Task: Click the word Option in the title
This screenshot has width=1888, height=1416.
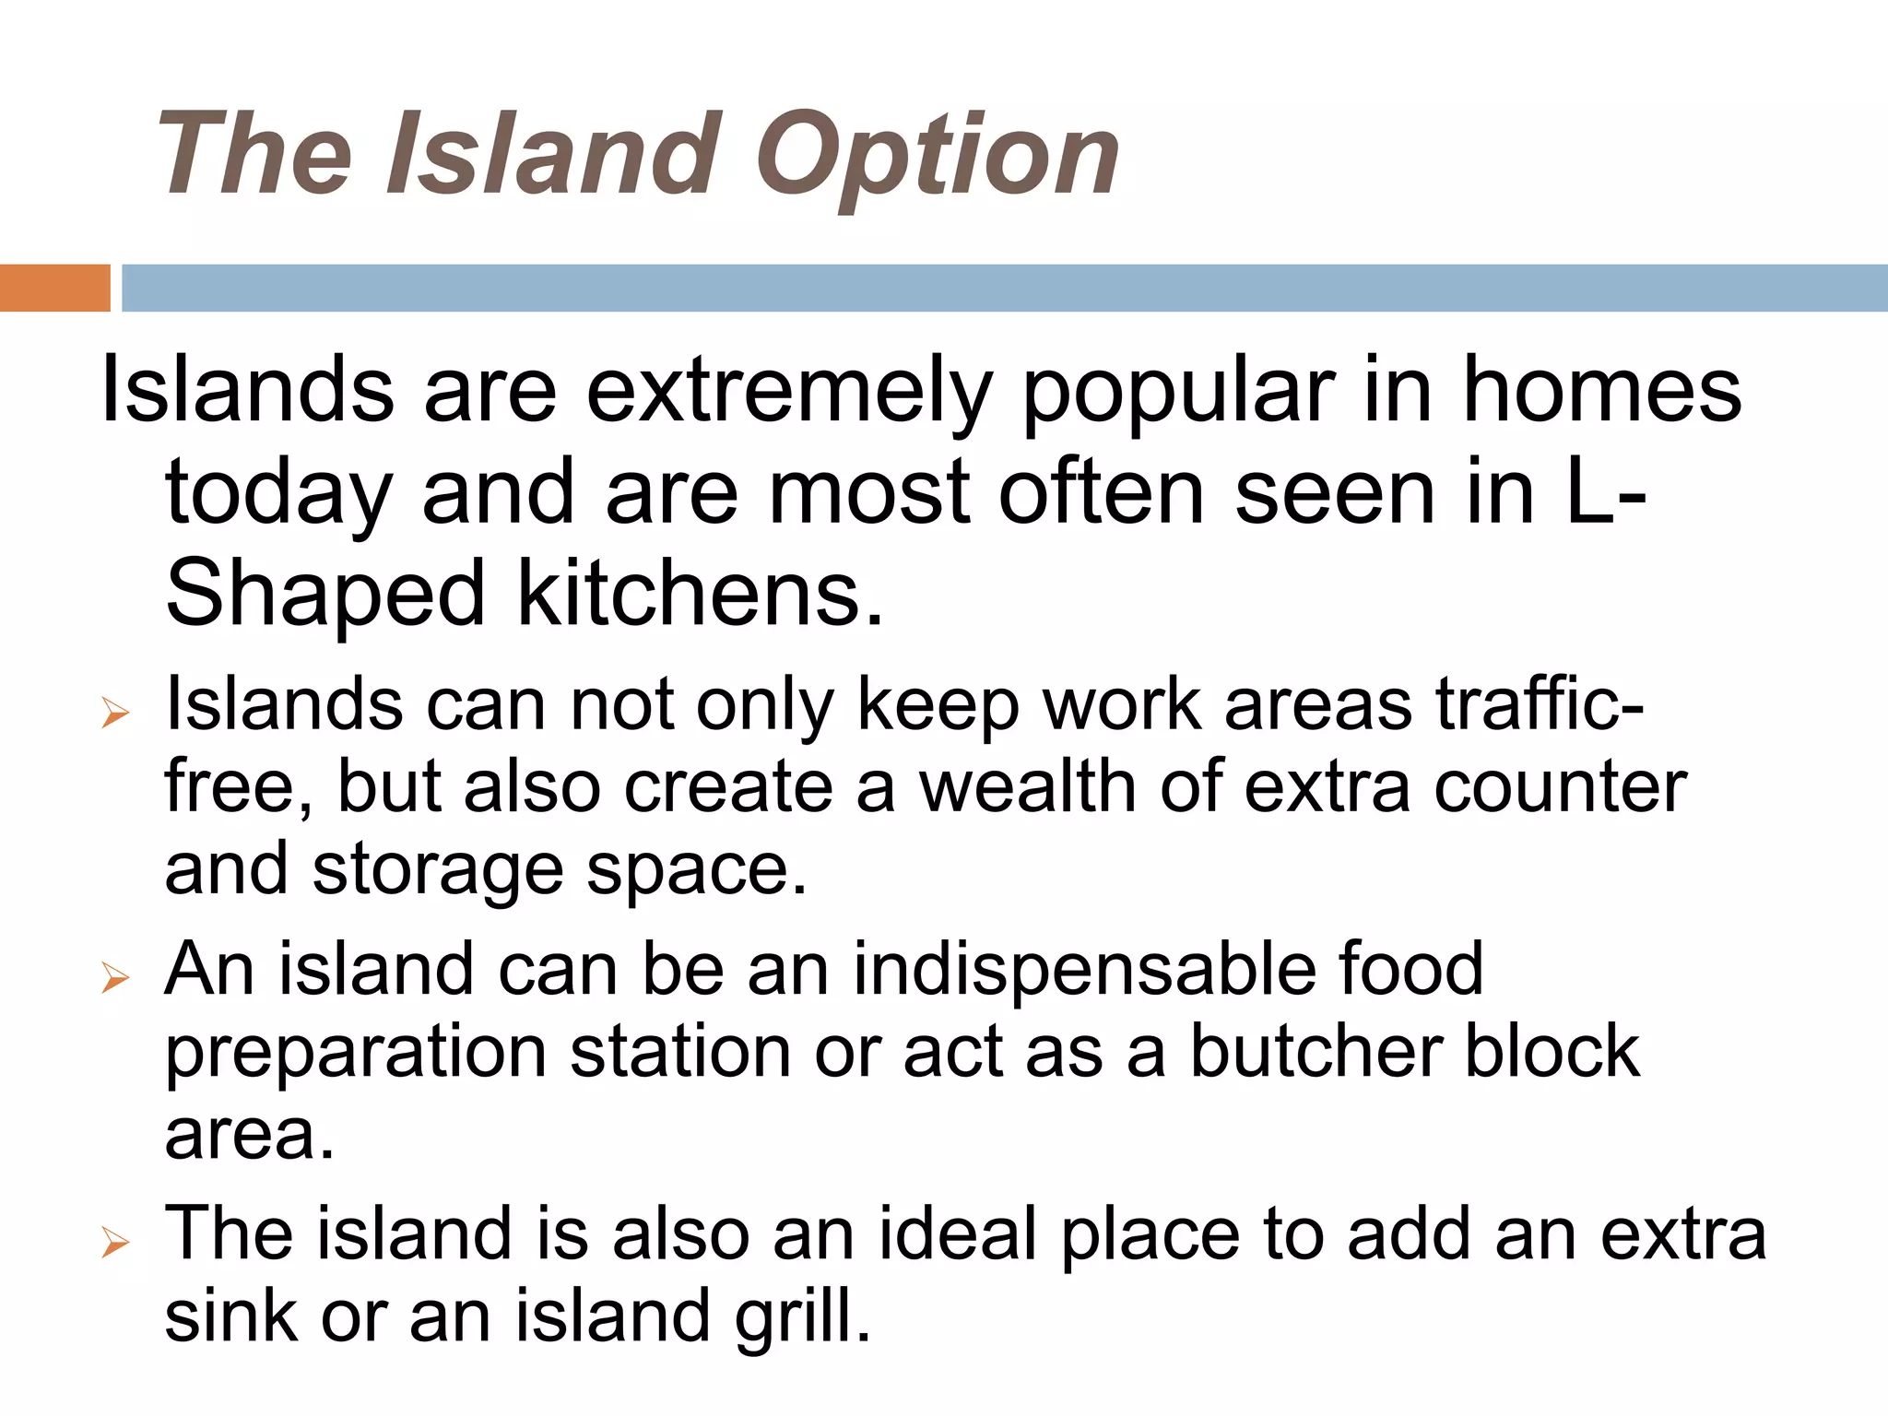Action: point(938,155)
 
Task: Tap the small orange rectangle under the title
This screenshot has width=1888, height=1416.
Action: point(54,288)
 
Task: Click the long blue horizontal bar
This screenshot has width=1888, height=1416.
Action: point(1004,288)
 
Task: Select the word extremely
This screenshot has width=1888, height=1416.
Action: point(788,391)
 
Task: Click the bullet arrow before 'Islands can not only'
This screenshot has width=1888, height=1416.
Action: point(115,712)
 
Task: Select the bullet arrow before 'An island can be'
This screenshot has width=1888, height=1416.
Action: point(115,976)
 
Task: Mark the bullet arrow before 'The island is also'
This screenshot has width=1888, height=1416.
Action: point(115,1242)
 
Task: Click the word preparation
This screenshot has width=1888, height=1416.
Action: point(356,1053)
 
